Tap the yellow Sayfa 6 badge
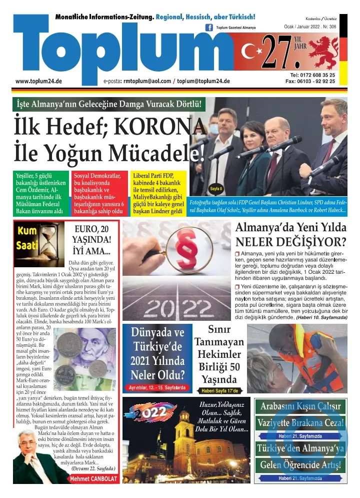point(216,189)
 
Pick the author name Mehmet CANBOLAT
point(93,478)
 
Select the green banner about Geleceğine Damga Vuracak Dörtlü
point(109,104)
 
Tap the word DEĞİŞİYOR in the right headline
point(304,242)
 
